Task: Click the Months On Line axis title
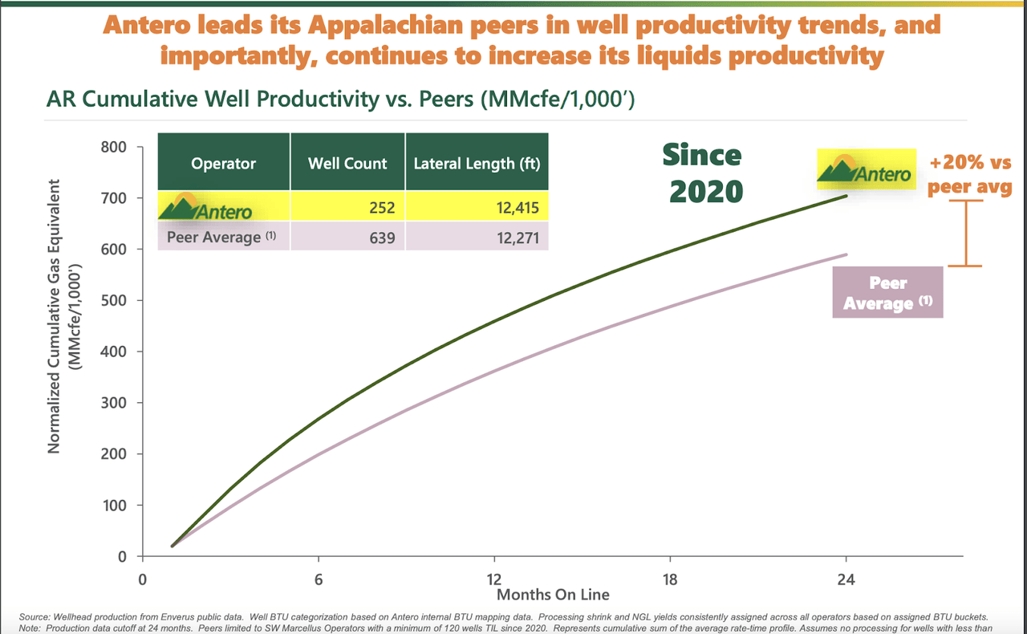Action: (x=553, y=595)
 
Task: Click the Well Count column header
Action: (x=347, y=164)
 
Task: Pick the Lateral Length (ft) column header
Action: (x=477, y=164)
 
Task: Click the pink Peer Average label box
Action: (x=887, y=293)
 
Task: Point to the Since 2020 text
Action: (x=702, y=173)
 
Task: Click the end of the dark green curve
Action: (x=846, y=196)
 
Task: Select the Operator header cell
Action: (x=223, y=164)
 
